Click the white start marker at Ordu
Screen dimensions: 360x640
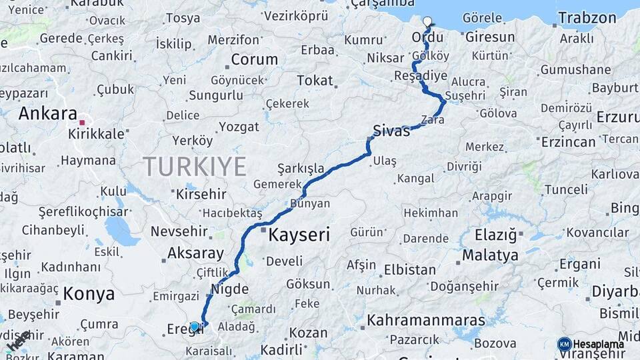pos(427,21)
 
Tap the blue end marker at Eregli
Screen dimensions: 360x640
pos(195,327)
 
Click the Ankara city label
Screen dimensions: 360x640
pos(48,113)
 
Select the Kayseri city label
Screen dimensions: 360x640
pos(299,235)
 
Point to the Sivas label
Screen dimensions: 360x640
pos(391,131)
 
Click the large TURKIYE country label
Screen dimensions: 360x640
pos(195,166)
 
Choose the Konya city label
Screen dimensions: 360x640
pos(89,294)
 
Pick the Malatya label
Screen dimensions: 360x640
pos(490,255)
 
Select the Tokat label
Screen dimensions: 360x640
pos(315,81)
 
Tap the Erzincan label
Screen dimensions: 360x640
pos(569,141)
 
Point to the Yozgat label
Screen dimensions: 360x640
pos(239,127)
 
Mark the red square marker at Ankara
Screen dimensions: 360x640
pos(82,123)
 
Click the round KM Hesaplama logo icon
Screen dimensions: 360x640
pos(564,344)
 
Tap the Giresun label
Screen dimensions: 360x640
pos(490,37)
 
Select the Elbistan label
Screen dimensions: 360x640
pos(409,271)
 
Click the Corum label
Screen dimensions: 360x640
pos(254,59)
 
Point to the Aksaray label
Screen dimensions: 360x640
pos(195,253)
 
